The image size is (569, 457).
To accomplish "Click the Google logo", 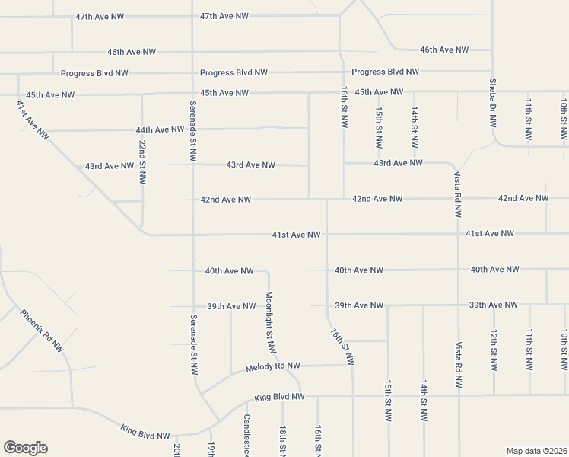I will point(25,448).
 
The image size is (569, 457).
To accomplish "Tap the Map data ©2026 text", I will point(536,451).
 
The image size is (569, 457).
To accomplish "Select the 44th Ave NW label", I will point(161,129).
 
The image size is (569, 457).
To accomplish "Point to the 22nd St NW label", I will point(142,162).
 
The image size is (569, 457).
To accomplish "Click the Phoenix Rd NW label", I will point(42,330).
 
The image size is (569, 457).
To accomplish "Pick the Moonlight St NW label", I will point(269,322).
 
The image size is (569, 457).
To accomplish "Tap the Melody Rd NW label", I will point(273,367).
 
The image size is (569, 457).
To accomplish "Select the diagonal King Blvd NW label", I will point(145,431).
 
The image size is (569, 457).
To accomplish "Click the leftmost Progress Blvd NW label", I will point(94,73).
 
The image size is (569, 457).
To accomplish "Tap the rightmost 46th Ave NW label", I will point(444,50).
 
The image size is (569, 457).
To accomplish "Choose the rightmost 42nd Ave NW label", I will point(523,198).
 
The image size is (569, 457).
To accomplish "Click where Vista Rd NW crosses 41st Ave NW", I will point(459,234).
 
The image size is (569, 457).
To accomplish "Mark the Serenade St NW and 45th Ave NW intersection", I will point(192,94).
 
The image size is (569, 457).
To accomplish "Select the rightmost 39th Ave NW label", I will point(494,305).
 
